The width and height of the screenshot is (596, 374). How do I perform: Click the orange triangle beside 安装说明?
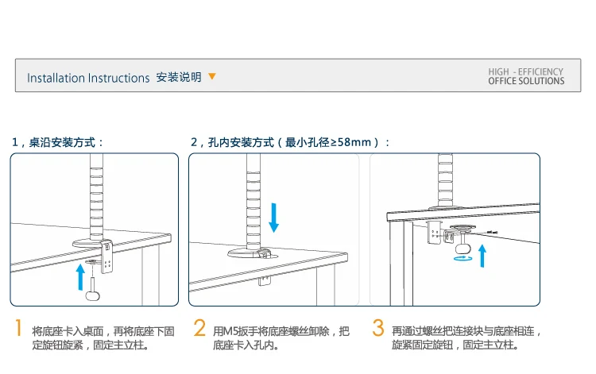click(212, 76)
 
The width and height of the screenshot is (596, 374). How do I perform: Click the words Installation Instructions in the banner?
click(88, 78)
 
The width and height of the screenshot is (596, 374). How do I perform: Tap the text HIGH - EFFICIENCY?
click(526, 71)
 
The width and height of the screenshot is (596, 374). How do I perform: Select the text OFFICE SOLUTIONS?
click(526, 81)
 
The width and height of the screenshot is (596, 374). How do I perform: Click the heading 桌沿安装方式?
click(62, 142)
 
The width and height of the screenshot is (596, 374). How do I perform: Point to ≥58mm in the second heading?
click(350, 142)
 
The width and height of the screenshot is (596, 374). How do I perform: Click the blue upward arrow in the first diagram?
click(80, 277)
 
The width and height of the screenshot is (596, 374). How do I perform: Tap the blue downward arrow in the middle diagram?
click(273, 218)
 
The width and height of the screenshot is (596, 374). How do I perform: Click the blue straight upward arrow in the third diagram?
click(482, 256)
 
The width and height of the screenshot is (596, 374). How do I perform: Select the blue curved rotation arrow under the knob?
click(463, 258)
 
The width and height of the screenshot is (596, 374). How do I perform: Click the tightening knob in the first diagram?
click(93, 295)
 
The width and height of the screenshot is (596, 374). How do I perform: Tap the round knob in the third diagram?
click(463, 249)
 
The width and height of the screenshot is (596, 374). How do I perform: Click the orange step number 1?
click(18, 328)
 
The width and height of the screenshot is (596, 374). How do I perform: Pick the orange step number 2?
click(199, 328)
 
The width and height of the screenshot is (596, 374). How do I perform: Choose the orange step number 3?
click(378, 328)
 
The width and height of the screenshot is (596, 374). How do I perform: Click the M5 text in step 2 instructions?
click(230, 331)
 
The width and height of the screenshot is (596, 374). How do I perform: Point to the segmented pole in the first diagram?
click(96, 197)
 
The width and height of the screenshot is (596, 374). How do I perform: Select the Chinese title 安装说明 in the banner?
click(179, 77)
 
